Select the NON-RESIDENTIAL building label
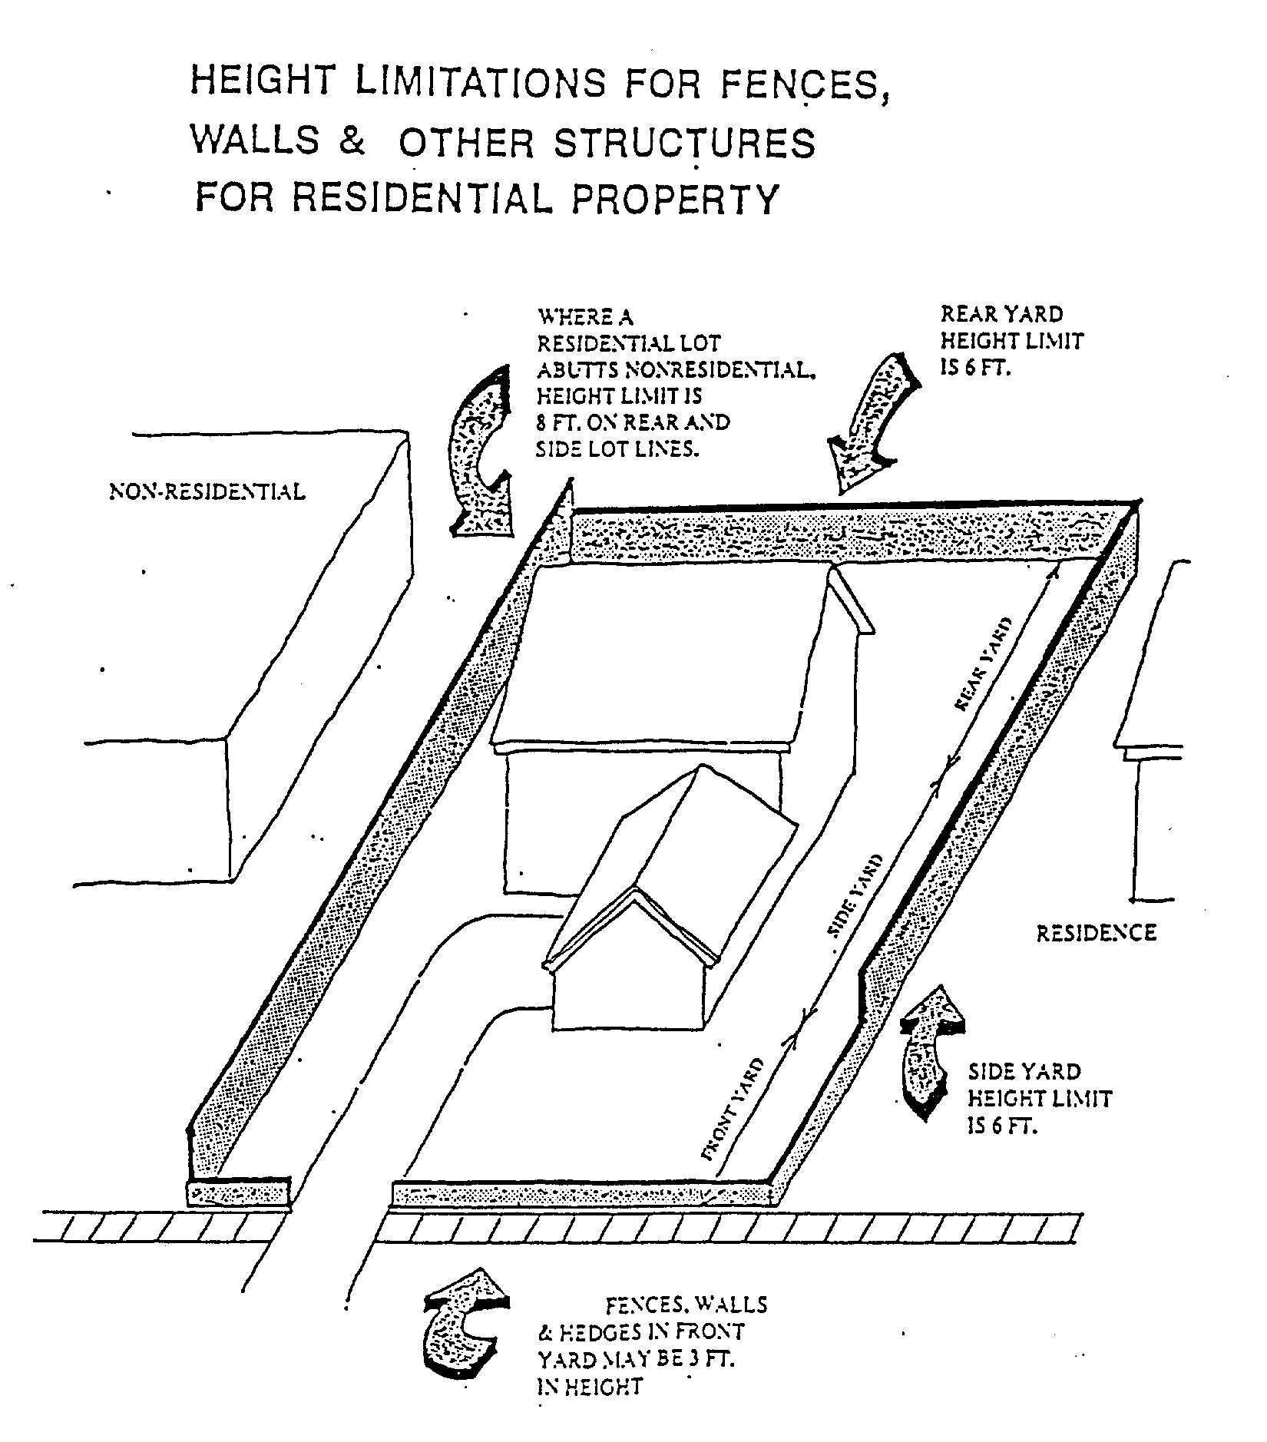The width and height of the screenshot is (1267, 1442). [x=207, y=491]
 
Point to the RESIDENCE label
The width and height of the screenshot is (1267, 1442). [x=1096, y=934]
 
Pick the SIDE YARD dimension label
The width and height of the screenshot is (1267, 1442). [x=854, y=896]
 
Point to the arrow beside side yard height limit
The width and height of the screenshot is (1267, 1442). [x=931, y=1053]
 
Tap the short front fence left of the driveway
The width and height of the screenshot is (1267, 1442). [x=239, y=1192]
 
